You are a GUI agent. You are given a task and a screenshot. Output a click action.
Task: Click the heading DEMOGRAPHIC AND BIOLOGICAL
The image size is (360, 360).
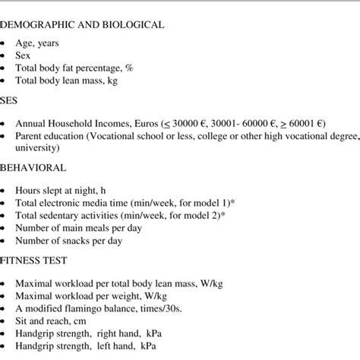pyautogui.click(x=82, y=25)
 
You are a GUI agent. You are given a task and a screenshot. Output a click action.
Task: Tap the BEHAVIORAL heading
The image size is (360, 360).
pyautogui.click(x=34, y=167)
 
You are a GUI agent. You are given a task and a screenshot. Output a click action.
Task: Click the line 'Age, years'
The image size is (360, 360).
pyautogui.click(x=48, y=44)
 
